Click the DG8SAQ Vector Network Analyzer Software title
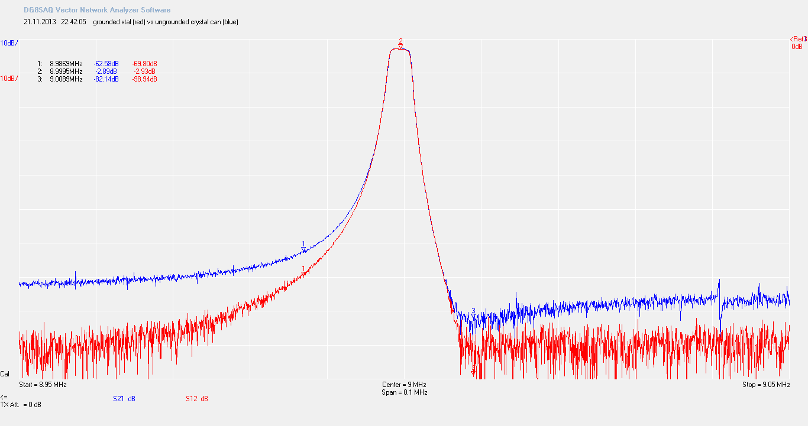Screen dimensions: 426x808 97,10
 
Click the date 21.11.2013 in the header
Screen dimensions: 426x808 40,22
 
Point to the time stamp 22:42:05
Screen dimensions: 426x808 73,22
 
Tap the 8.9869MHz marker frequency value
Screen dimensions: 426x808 66,63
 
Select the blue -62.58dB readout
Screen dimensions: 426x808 106,63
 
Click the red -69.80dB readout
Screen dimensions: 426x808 144,63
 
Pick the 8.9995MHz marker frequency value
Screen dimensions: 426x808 66,71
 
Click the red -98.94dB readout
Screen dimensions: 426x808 144,79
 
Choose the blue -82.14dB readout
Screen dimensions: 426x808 106,79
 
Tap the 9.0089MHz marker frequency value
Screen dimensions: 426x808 66,79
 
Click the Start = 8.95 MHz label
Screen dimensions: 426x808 43,385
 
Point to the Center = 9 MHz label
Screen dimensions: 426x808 404,385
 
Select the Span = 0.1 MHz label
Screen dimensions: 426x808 405,392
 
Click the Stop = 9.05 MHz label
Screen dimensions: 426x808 766,385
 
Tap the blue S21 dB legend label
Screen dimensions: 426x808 124,399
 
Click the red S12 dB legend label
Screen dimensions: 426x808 196,399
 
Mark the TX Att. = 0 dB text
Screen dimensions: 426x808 21,405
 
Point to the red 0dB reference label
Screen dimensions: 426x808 797,47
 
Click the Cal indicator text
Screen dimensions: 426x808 5,374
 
